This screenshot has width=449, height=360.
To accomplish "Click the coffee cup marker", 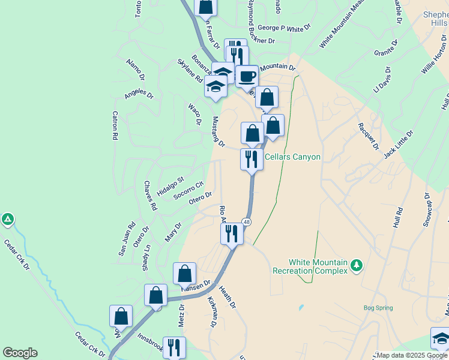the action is (246, 76).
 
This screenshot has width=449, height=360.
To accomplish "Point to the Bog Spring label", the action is (378, 308).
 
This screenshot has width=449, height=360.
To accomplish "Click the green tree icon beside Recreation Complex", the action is (357, 265).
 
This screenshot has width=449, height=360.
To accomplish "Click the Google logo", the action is (20, 353).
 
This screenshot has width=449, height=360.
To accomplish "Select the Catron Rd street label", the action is (115, 126).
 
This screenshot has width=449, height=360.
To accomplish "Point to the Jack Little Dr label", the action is (399, 145).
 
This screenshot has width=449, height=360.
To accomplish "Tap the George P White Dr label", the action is (285, 28).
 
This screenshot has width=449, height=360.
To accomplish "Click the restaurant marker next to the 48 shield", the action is (232, 233).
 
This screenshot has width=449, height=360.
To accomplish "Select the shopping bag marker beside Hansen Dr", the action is (184, 274).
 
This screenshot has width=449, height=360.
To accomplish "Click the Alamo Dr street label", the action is (135, 70).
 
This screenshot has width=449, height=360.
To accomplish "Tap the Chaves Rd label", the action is (150, 196).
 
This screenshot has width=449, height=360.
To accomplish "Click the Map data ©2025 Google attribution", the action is (412, 355).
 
